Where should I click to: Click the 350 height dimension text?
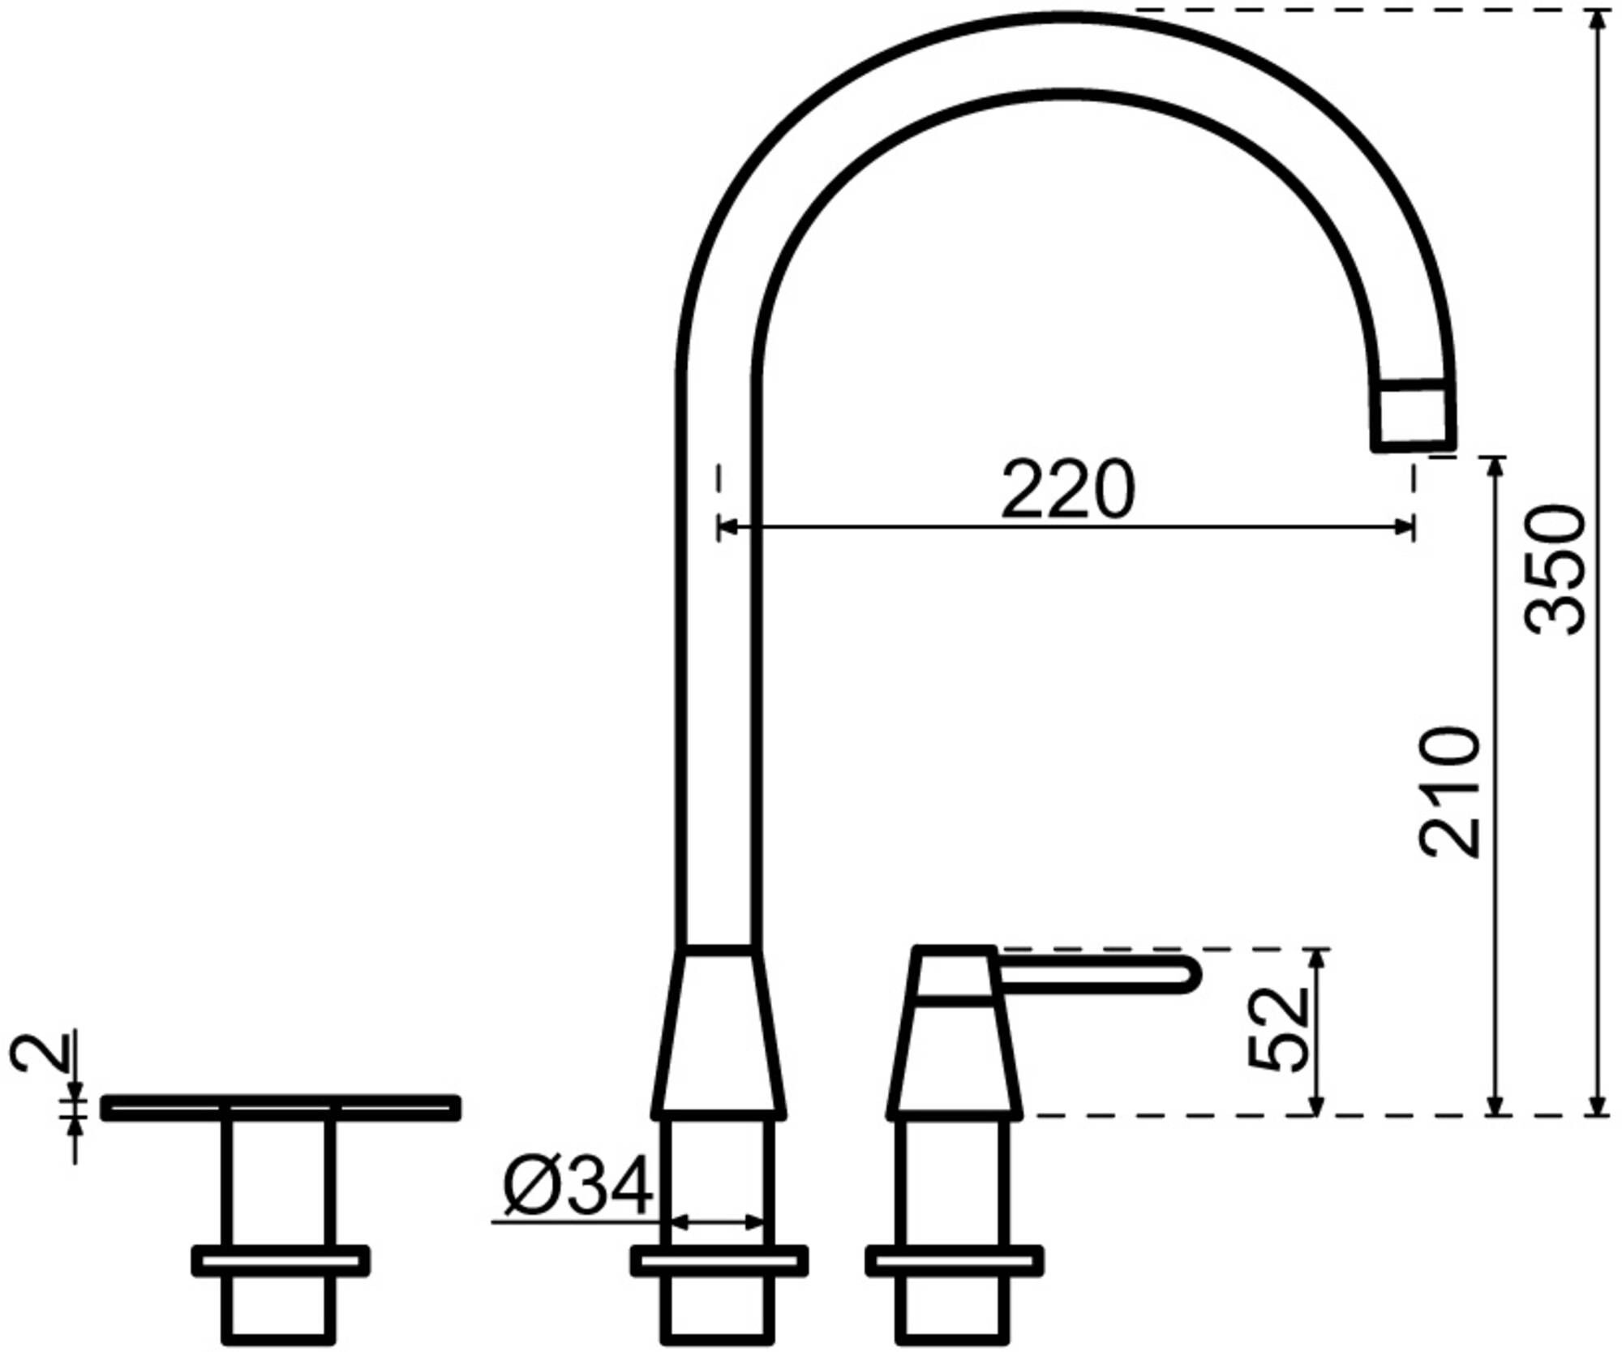(x=1554, y=570)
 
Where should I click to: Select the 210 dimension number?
(x=1450, y=792)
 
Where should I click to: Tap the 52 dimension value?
(x=1278, y=1029)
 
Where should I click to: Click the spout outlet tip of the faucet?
(x=1413, y=416)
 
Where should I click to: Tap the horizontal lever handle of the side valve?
(x=1095, y=974)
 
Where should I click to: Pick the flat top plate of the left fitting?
(x=281, y=1107)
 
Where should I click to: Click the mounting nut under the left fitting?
(x=281, y=1261)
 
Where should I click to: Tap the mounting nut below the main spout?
(x=719, y=1261)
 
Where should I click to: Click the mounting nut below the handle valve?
(x=954, y=1261)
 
